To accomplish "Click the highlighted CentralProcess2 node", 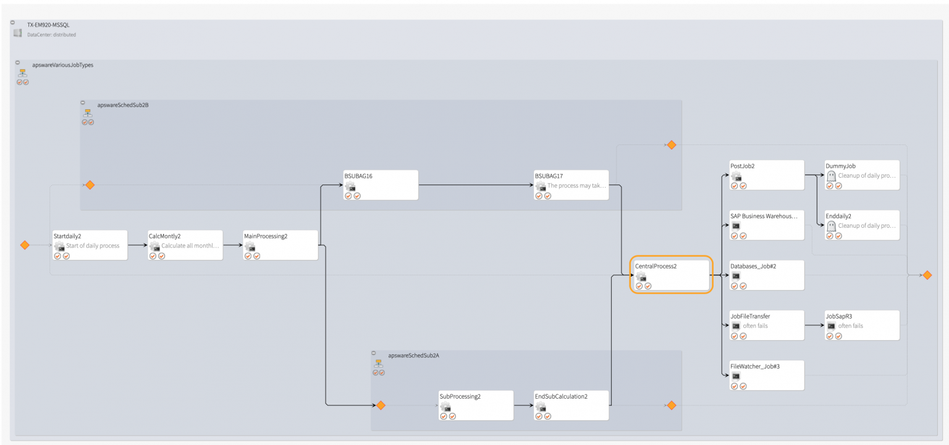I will pos(671,275).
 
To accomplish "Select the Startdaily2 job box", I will pos(90,245).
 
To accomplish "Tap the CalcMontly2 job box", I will pos(185,245).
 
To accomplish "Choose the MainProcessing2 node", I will pos(280,245).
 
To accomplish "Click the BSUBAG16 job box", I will pos(381,185).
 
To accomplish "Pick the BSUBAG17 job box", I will pos(571,185).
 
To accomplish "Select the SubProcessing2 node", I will pos(476,405).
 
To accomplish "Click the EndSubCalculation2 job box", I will pos(571,405).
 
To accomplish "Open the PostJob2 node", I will pos(767,175).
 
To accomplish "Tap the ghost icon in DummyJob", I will pos(831,176).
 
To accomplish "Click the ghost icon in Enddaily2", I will pos(831,226).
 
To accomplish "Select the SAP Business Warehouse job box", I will pos(767,225).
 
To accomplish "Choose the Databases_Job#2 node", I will pos(767,275).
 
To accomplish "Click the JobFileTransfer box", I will pos(767,325).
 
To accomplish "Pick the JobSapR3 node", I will pos(862,325).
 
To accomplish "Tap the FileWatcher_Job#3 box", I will pos(767,375).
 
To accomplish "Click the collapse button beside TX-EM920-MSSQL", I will pos(12,22).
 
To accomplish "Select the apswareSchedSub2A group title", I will pos(413,356).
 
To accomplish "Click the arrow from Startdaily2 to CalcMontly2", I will pos(137,245).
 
